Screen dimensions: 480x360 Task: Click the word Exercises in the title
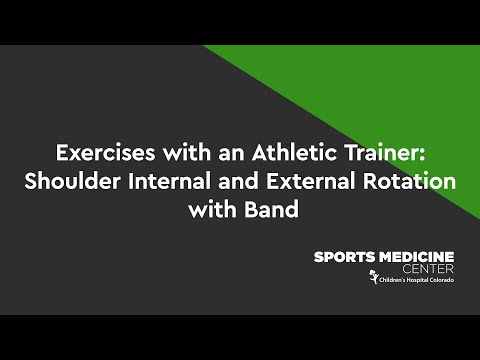click(x=105, y=153)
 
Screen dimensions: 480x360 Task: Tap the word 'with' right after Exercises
click(x=187, y=152)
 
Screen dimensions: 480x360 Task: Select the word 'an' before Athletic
click(x=231, y=155)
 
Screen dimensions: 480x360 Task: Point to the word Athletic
click(x=294, y=152)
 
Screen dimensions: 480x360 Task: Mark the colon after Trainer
click(x=422, y=155)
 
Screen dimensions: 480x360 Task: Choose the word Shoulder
click(x=72, y=181)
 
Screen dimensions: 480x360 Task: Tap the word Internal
click(x=169, y=181)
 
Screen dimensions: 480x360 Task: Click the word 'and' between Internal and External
click(x=238, y=181)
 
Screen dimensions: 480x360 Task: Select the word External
click(x=311, y=181)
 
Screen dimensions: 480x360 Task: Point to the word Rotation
click(x=409, y=181)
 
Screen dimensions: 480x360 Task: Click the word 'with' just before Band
click(x=212, y=210)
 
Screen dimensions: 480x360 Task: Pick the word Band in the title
click(x=271, y=210)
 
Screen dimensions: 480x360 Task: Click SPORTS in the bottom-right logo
click(x=344, y=257)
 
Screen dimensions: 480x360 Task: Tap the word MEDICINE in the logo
click(x=416, y=257)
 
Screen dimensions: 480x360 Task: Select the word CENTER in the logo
click(x=428, y=269)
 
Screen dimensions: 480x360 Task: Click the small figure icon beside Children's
click(x=373, y=277)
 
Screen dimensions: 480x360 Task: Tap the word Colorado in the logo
click(x=442, y=280)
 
